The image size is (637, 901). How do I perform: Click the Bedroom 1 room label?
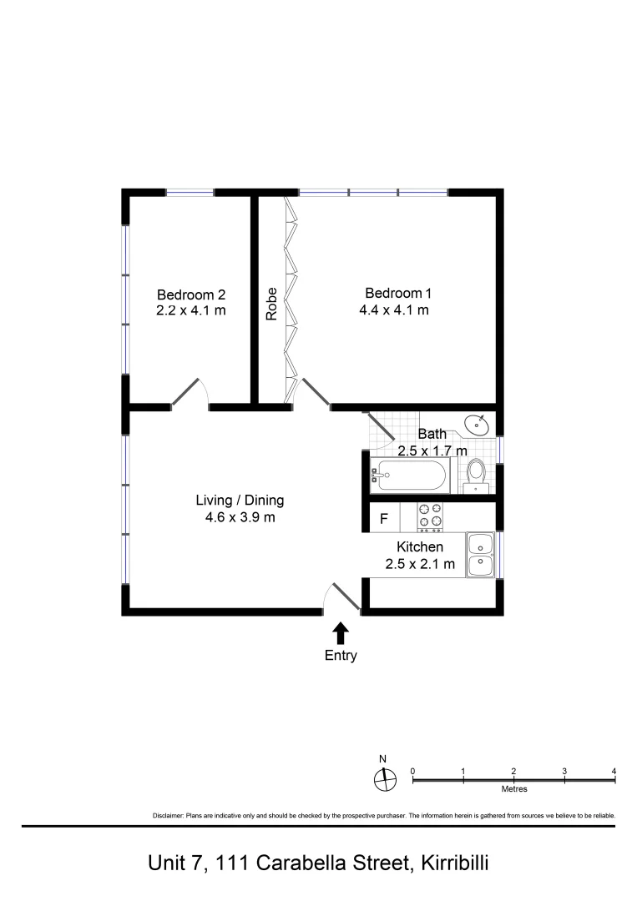click(x=398, y=293)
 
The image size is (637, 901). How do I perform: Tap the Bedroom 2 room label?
click(x=191, y=294)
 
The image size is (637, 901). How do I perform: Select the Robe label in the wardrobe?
click(x=271, y=305)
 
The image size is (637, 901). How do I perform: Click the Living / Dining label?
click(x=240, y=501)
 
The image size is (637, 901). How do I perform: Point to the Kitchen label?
click(x=419, y=547)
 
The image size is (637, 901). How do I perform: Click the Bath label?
click(x=432, y=434)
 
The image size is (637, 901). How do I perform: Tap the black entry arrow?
click(x=341, y=632)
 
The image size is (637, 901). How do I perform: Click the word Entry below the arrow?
click(x=341, y=656)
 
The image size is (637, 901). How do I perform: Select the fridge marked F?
click(x=384, y=518)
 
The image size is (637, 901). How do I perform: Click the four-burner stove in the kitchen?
click(x=430, y=517)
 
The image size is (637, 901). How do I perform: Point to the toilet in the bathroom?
click(x=476, y=473)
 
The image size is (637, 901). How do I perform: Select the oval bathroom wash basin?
click(x=477, y=425)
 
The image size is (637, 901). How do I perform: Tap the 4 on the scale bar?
click(x=614, y=771)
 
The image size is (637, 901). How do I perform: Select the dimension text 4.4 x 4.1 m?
click(x=398, y=310)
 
